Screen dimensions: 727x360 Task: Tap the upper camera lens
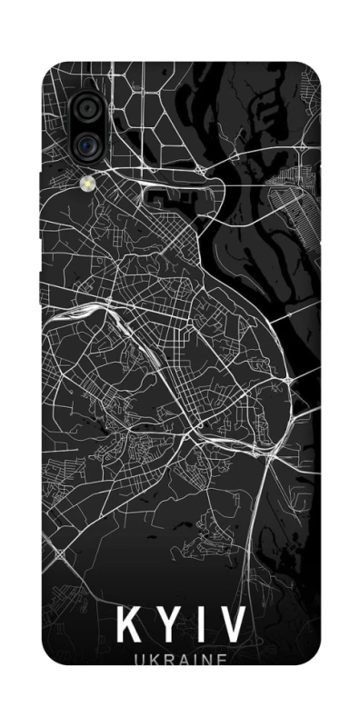coord(87,108)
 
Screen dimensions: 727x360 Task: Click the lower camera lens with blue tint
coord(87,143)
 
